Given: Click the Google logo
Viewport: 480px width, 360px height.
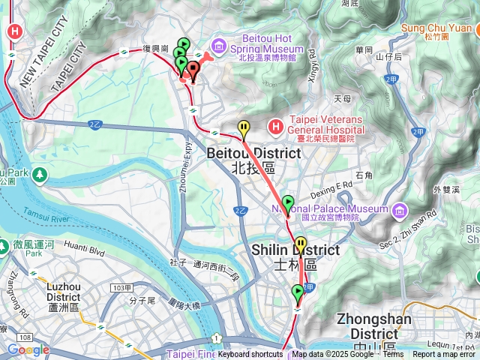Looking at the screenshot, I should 28,349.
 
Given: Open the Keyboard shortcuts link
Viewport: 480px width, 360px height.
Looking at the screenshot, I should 250,355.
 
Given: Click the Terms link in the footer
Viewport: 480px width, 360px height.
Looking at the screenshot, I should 393,355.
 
